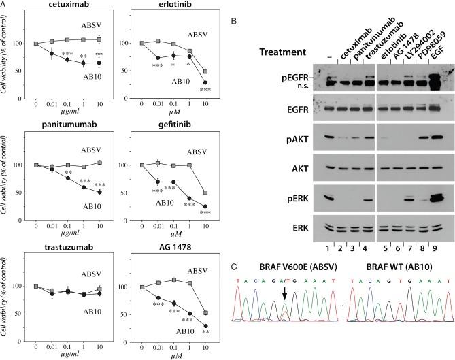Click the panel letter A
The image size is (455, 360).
pos(5,5)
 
